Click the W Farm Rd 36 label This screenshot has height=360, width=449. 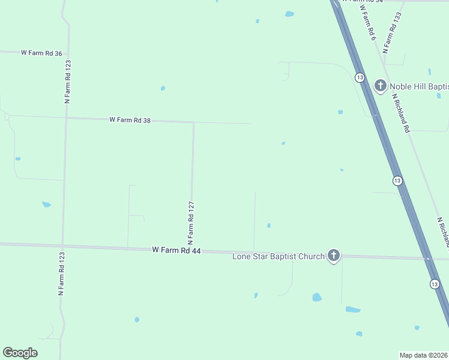41,53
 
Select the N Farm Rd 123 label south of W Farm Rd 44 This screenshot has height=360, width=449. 61,274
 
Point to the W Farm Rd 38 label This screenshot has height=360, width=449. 130,120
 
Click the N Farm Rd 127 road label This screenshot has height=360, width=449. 191,221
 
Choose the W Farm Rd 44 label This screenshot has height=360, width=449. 176,250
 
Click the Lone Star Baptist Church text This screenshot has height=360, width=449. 279,257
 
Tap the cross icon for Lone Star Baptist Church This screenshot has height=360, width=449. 334,256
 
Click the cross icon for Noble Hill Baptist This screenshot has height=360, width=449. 380,86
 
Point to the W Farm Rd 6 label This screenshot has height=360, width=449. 368,24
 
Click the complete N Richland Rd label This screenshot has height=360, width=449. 401,112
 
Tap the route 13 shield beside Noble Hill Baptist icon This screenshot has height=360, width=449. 359,77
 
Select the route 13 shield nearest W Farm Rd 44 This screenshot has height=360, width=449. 433,283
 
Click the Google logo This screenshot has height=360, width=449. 20,353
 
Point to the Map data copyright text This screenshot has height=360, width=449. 424,355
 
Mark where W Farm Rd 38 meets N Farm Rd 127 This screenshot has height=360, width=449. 193,122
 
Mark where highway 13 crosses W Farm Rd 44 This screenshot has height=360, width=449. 427,259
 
